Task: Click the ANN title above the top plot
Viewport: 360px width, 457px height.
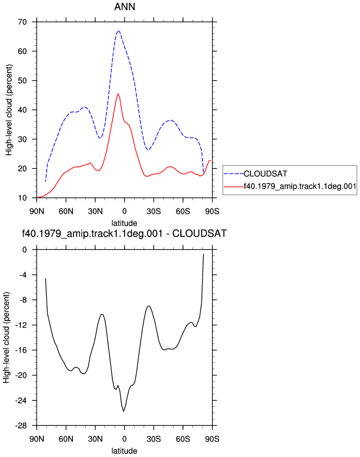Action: (125, 7)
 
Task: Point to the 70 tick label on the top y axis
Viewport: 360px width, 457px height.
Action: (22, 22)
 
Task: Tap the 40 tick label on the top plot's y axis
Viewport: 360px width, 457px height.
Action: (22, 110)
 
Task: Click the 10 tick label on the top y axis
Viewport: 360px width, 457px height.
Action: (22, 198)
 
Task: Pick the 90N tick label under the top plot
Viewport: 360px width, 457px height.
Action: (37, 211)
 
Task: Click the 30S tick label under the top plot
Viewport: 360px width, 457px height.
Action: (154, 211)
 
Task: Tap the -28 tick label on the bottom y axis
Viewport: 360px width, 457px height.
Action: (21, 426)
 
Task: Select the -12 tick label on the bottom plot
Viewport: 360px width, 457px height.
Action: (21, 325)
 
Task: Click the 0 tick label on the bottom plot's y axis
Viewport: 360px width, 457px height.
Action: (24, 250)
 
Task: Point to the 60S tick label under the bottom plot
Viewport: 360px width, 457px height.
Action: (183, 439)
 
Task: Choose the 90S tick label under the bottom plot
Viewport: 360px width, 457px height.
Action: (213, 439)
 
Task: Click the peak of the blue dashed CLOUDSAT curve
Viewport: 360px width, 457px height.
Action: (119, 31)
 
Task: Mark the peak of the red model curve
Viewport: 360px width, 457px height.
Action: (117, 94)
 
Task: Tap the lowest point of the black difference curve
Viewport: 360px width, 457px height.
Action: (124, 411)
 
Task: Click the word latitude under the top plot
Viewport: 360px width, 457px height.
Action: (125, 223)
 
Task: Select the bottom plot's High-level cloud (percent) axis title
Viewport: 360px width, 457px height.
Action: (6, 337)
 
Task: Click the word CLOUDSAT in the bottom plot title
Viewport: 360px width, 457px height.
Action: (200, 233)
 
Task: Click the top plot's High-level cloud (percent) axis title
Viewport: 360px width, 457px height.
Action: (9, 110)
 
